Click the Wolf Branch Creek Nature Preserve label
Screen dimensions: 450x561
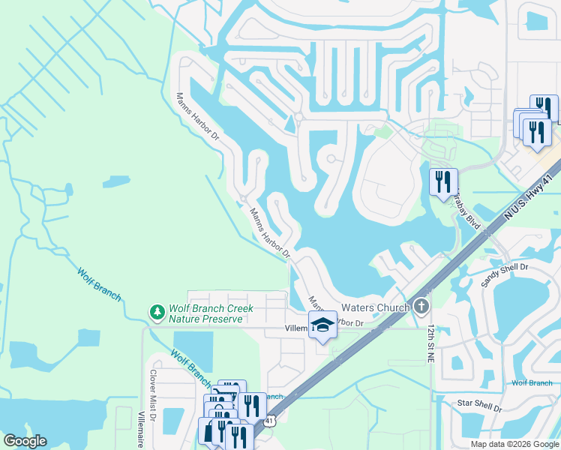pyautogui.click(x=211, y=313)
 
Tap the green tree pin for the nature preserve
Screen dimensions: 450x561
pyautogui.click(x=157, y=310)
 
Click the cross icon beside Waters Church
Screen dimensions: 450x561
pyautogui.click(x=421, y=306)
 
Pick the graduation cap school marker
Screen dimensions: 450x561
pyautogui.click(x=322, y=325)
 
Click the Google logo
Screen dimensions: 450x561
pyautogui.click(x=24, y=440)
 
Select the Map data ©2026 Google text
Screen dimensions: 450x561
pyautogui.click(x=514, y=443)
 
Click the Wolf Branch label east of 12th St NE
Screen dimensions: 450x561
pyautogui.click(x=532, y=383)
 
